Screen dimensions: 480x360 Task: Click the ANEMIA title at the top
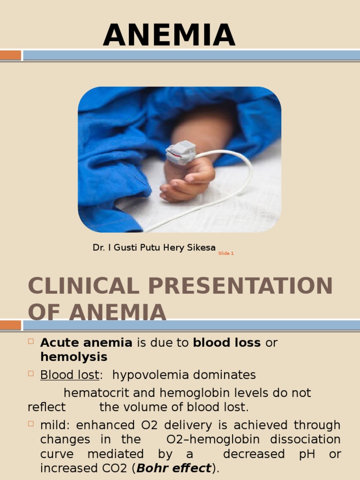click(169, 36)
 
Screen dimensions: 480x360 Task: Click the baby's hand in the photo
click(187, 178)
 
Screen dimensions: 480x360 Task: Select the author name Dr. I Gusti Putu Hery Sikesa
click(154, 247)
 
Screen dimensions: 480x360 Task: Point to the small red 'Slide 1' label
click(226, 254)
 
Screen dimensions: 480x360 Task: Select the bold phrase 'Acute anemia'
click(86, 343)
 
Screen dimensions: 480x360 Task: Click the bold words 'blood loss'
click(227, 343)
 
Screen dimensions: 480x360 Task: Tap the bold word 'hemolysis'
click(74, 357)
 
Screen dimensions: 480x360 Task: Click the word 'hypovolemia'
click(146, 375)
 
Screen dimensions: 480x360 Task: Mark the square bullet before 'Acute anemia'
click(31, 342)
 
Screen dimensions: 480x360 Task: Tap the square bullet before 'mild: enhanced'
click(31, 424)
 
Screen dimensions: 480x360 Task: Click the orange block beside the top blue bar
click(10, 55)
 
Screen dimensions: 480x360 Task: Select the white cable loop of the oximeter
click(239, 183)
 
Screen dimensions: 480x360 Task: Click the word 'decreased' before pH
click(254, 454)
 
